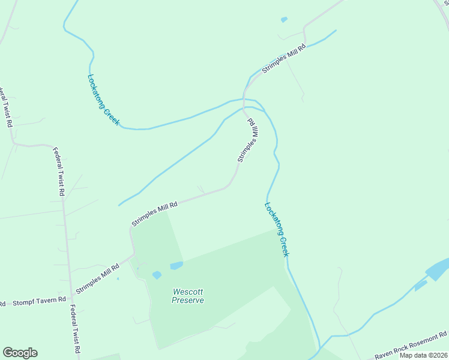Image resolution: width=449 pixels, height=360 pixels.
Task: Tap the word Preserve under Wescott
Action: [x=187, y=300]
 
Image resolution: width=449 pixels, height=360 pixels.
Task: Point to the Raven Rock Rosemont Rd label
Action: [x=411, y=346]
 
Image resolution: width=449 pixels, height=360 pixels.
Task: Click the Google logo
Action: [x=20, y=353]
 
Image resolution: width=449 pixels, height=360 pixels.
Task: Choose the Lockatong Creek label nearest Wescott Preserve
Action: [x=277, y=229]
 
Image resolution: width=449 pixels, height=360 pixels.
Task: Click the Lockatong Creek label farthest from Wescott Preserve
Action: [x=103, y=100]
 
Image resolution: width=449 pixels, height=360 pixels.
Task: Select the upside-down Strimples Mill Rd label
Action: [x=248, y=140]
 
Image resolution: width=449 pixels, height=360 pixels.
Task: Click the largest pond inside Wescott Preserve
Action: [x=176, y=265]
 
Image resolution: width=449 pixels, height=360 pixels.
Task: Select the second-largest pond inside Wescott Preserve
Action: [x=157, y=275]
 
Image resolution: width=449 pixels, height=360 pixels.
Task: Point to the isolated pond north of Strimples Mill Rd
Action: [x=284, y=20]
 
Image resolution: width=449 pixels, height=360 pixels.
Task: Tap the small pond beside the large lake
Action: [x=420, y=284]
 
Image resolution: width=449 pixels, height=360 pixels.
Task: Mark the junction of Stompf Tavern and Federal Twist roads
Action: [x=71, y=296]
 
